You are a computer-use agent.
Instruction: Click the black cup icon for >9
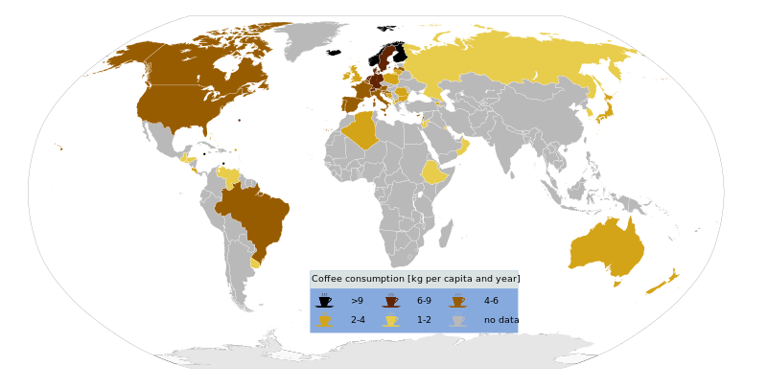pos(324,302)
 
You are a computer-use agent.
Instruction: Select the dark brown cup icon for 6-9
pos(390,302)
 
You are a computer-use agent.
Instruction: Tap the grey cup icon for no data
pos(457,321)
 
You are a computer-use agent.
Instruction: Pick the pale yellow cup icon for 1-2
pos(390,321)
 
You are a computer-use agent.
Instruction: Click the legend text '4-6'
pos(490,302)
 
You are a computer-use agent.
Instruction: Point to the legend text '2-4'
pos(357,321)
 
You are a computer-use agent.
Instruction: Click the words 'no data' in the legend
pos(500,321)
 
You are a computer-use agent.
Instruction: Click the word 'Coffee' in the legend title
pos(327,279)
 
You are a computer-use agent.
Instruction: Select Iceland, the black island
pos(334,53)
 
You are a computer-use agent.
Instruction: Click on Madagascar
pos(446,233)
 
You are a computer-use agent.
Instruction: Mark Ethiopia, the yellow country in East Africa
pos(434,172)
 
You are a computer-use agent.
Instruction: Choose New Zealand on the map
pos(662,284)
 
